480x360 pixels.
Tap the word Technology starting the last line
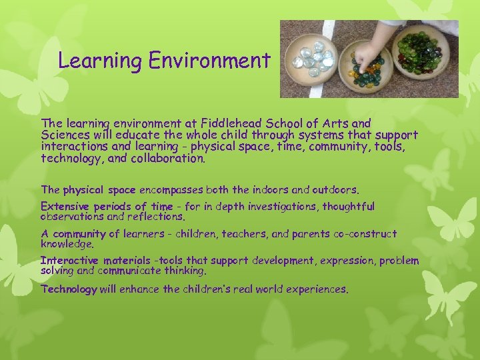(69, 289)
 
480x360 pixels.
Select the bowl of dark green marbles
(421, 53)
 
